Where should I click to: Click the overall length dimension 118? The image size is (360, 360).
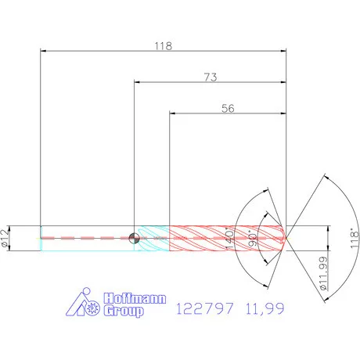pyautogui.click(x=162, y=45)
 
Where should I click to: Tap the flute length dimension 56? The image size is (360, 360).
pyautogui.click(x=228, y=109)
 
